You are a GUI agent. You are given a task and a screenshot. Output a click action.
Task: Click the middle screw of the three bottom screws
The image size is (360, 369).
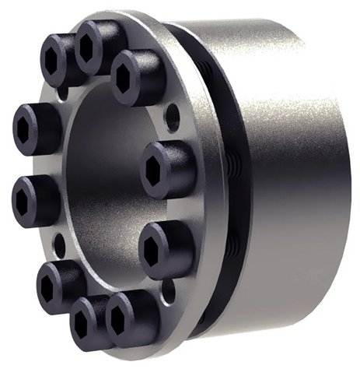(86, 321)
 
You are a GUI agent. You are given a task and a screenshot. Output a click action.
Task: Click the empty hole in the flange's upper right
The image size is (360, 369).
(173, 118)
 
